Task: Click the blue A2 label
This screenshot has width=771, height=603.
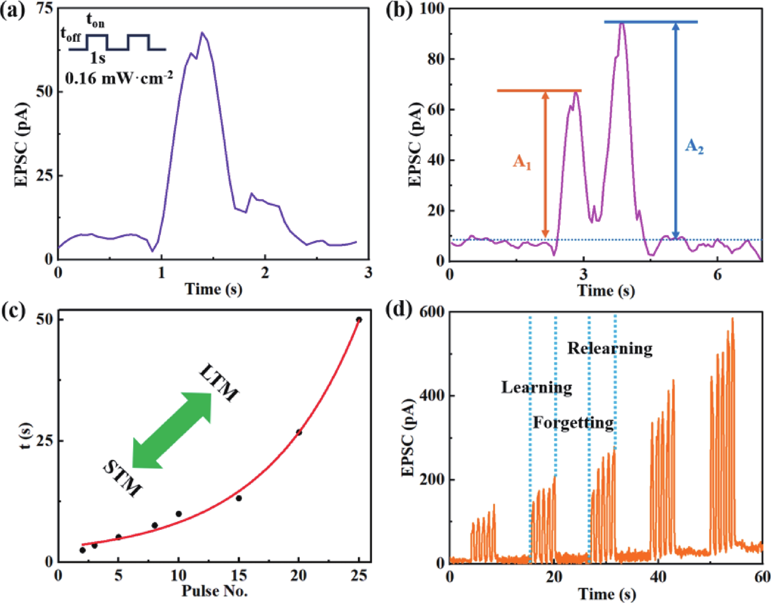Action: (x=694, y=147)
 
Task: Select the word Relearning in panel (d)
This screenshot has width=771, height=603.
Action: (x=610, y=349)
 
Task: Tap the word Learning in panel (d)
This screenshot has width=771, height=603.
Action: (x=537, y=387)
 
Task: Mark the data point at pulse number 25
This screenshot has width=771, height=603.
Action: (x=359, y=320)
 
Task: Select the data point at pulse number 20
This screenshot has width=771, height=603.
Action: (x=299, y=432)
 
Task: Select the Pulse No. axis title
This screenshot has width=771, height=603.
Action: (x=214, y=591)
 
